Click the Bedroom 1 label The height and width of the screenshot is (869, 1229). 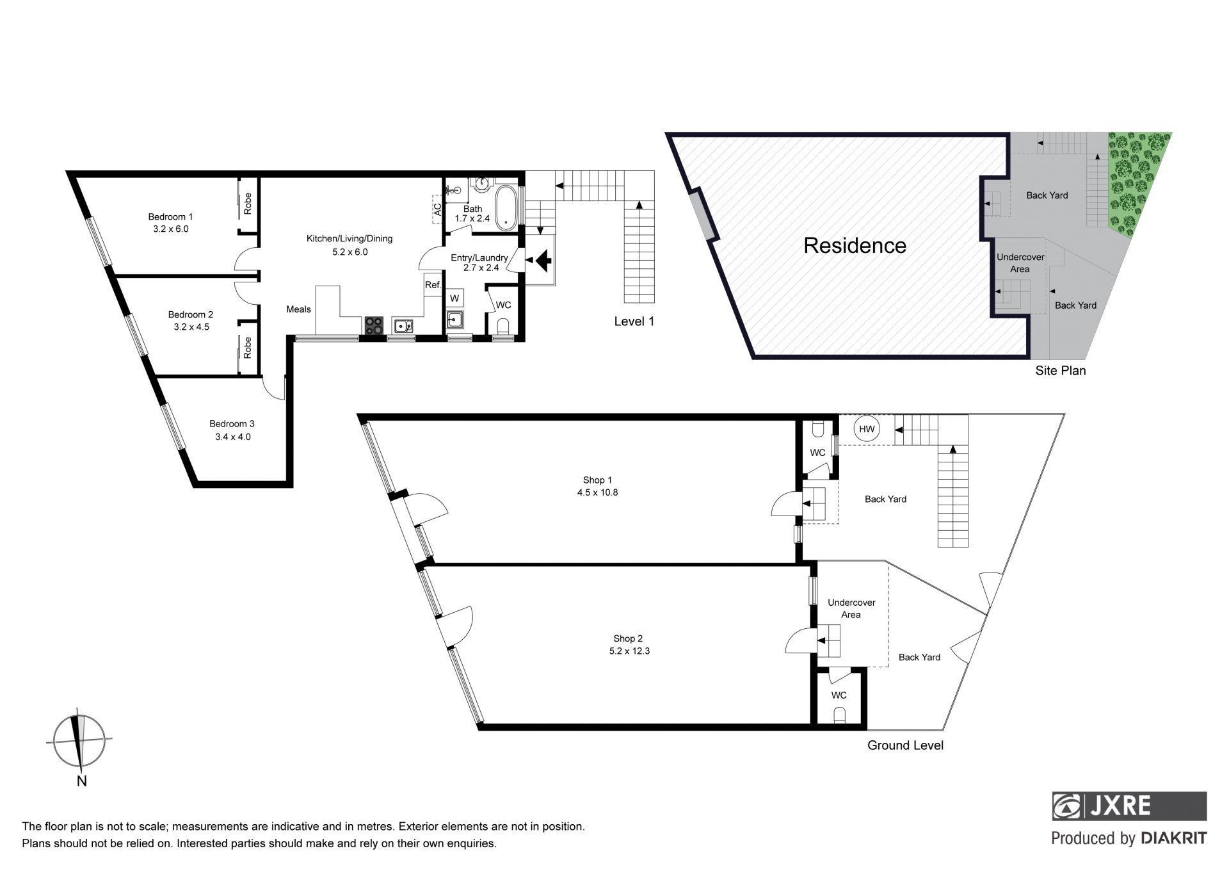coord(170,216)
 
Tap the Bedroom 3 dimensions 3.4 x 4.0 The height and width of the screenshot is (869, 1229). coord(233,437)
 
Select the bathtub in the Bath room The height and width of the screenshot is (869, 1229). coord(506,207)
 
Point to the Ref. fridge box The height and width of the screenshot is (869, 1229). coord(433,285)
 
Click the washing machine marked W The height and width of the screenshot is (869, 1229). coord(454,298)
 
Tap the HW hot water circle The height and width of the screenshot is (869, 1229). coord(867,429)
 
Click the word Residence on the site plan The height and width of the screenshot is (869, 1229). coord(855,245)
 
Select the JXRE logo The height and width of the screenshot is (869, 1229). coord(1130,806)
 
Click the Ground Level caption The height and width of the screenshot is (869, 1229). coord(905,745)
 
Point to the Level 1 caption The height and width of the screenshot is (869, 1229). coord(634,321)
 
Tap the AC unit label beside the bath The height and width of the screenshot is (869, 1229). coord(438,209)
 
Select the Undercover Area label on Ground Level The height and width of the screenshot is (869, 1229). coord(851,608)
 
